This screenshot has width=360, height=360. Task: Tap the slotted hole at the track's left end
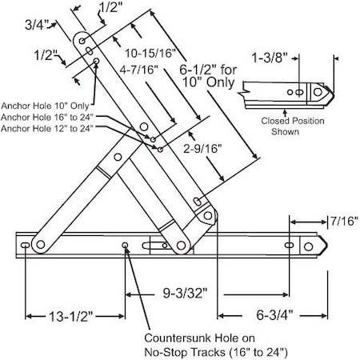pos(26,244)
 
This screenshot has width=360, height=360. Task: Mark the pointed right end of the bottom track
pos(324,244)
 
